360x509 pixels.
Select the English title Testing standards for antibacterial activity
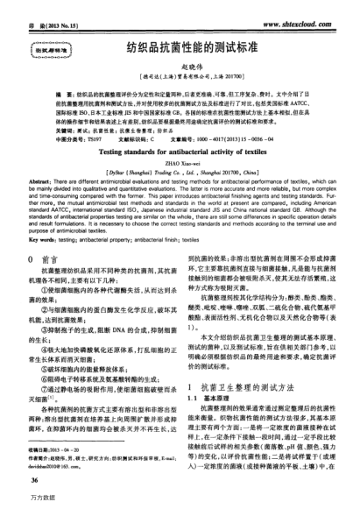(x=180, y=150)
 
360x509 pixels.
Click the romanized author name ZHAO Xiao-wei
(x=180, y=162)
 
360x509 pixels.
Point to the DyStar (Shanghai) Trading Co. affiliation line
(x=180, y=173)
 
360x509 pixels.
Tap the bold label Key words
(x=46, y=237)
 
